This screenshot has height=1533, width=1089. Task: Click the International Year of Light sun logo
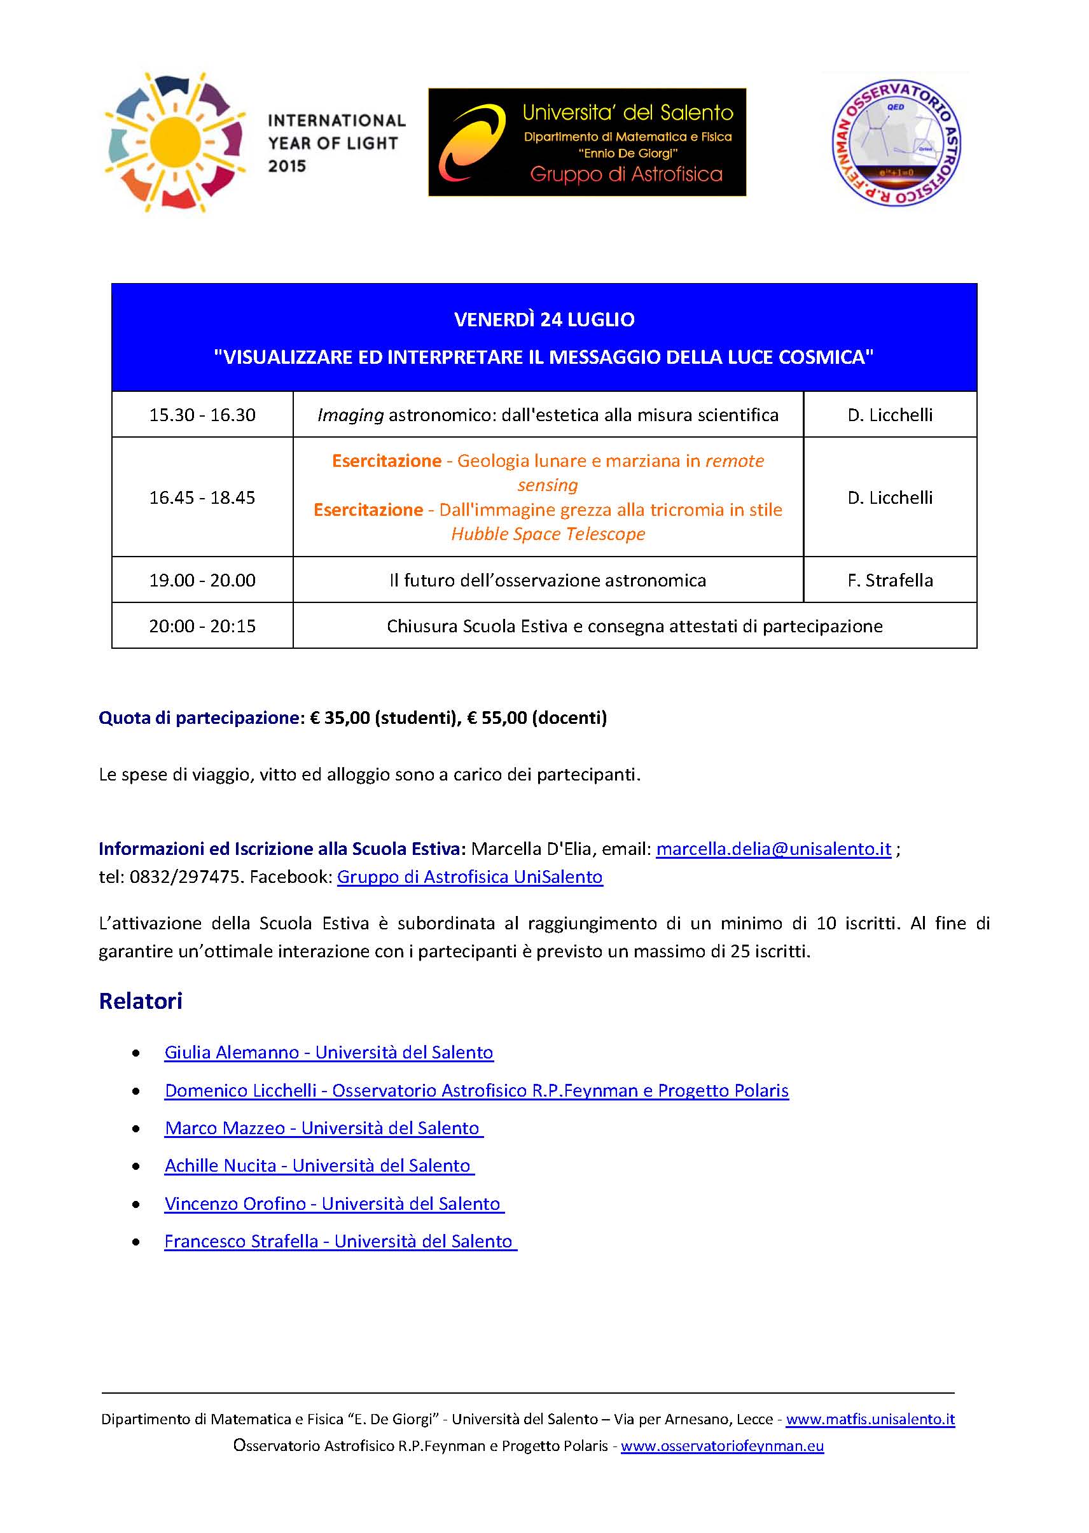175,142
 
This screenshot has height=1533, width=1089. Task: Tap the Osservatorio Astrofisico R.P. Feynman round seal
896,143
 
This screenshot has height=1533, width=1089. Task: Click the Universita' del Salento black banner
586,142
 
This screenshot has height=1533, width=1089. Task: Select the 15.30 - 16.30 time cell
202,415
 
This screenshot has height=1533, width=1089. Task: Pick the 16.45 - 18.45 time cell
202,497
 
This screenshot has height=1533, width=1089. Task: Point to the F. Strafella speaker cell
890,580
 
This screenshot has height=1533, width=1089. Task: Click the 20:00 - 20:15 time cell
202,627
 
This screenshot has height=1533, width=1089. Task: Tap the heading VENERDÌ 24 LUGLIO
544,319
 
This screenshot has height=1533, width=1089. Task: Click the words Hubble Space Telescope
548,534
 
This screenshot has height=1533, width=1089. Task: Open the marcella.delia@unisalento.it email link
773,849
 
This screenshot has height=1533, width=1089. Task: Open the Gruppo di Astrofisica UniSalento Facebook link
469,877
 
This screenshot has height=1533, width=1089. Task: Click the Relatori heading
141,1001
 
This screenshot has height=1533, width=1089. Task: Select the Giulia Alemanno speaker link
329,1053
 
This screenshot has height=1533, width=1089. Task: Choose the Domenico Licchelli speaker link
476,1090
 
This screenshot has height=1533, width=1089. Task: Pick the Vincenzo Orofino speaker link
333,1204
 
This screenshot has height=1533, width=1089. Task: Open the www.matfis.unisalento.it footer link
870,1419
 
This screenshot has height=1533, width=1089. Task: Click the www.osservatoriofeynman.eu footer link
721,1446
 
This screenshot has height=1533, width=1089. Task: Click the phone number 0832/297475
185,877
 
